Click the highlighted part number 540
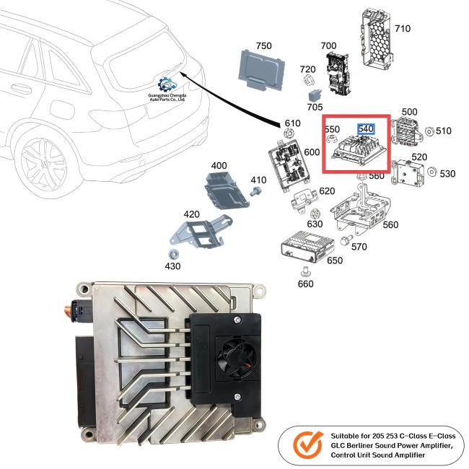point(366,129)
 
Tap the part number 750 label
point(263,45)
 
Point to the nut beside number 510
point(429,131)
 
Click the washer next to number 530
point(431,172)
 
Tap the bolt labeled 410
point(255,190)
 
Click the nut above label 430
point(173,254)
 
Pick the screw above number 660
point(305,271)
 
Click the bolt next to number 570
point(346,240)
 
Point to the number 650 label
point(335,260)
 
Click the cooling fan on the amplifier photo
point(236,357)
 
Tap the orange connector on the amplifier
point(71,310)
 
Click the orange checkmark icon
point(308,446)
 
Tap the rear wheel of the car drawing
point(44,165)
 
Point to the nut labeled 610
point(288,133)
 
